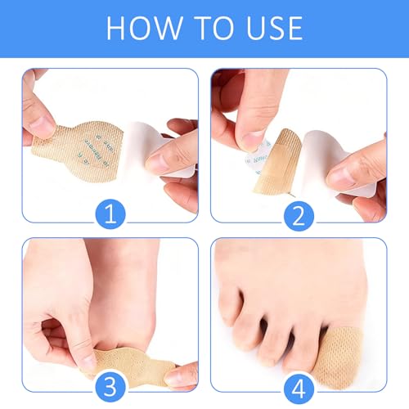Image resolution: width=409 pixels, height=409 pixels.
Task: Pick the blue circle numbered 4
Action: [299, 387]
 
